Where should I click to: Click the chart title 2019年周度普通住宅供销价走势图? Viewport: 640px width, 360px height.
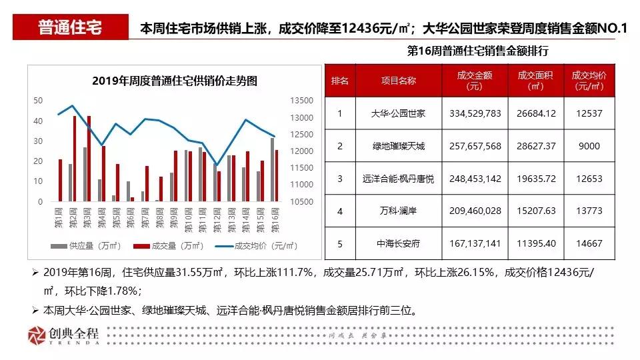tap(175, 81)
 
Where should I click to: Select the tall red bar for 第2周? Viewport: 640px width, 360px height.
tap(75, 159)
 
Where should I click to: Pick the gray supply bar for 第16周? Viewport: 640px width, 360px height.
tap(272, 169)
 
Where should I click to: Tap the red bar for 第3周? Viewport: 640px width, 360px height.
tap(89, 159)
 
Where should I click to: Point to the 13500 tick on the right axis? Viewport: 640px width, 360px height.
tap(302, 101)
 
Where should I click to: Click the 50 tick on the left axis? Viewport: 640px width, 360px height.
tap(38, 101)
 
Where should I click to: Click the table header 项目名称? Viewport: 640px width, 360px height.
tap(398, 81)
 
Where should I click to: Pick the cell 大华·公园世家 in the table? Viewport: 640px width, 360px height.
tap(398, 114)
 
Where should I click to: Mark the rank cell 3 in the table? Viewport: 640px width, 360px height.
tap(340, 179)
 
